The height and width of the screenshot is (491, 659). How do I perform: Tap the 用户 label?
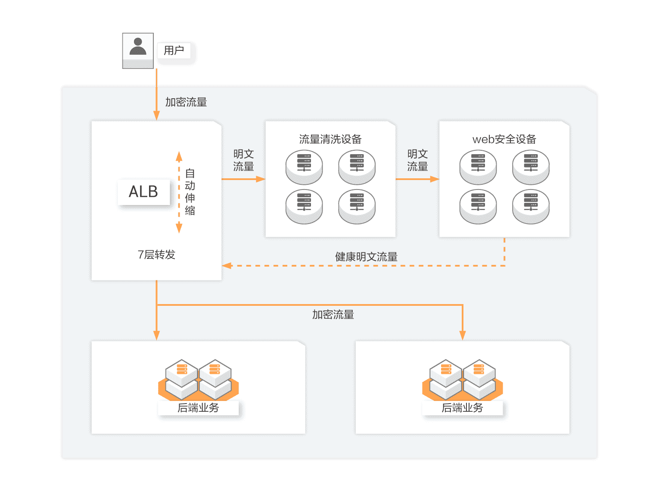coord(174,51)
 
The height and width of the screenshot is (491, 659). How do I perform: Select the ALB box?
coord(144,192)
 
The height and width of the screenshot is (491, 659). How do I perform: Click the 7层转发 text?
coord(156,255)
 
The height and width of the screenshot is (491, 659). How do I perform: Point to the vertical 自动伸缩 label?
coord(190,192)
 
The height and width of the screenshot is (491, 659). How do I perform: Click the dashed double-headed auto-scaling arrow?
coord(179,192)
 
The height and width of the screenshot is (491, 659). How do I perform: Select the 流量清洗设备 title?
coord(330,139)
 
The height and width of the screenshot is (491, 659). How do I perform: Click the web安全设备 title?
coord(504,139)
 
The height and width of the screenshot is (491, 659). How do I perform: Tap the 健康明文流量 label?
coord(366,257)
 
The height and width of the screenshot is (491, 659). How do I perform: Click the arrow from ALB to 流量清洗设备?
coord(243,179)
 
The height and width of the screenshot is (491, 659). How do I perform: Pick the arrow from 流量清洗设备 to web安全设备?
coord(417,179)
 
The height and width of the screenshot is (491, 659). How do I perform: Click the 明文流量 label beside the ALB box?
coord(243,160)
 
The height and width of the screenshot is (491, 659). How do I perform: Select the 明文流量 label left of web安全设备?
coord(417,160)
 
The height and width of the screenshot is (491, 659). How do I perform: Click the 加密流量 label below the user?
coord(186,102)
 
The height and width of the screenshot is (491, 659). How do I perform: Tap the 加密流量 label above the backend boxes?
coord(333,314)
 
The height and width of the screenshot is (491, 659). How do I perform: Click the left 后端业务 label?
coord(198,408)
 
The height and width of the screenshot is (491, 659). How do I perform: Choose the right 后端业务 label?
coord(462,408)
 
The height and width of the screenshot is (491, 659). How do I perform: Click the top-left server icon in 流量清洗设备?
coord(304,167)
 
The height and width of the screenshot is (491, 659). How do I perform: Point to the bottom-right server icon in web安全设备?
coord(531,207)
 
